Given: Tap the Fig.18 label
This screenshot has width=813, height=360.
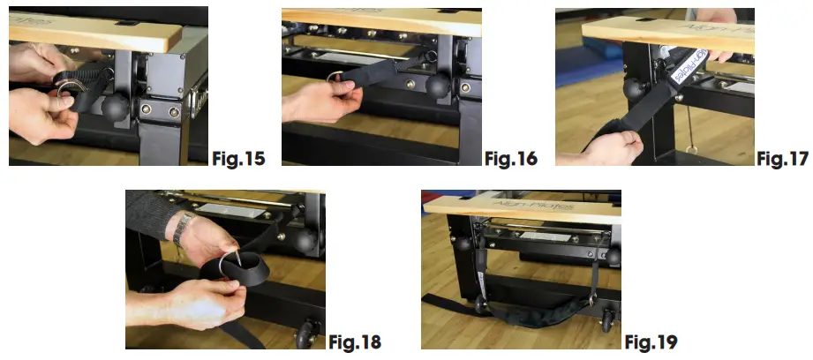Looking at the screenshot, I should (x=356, y=341).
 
